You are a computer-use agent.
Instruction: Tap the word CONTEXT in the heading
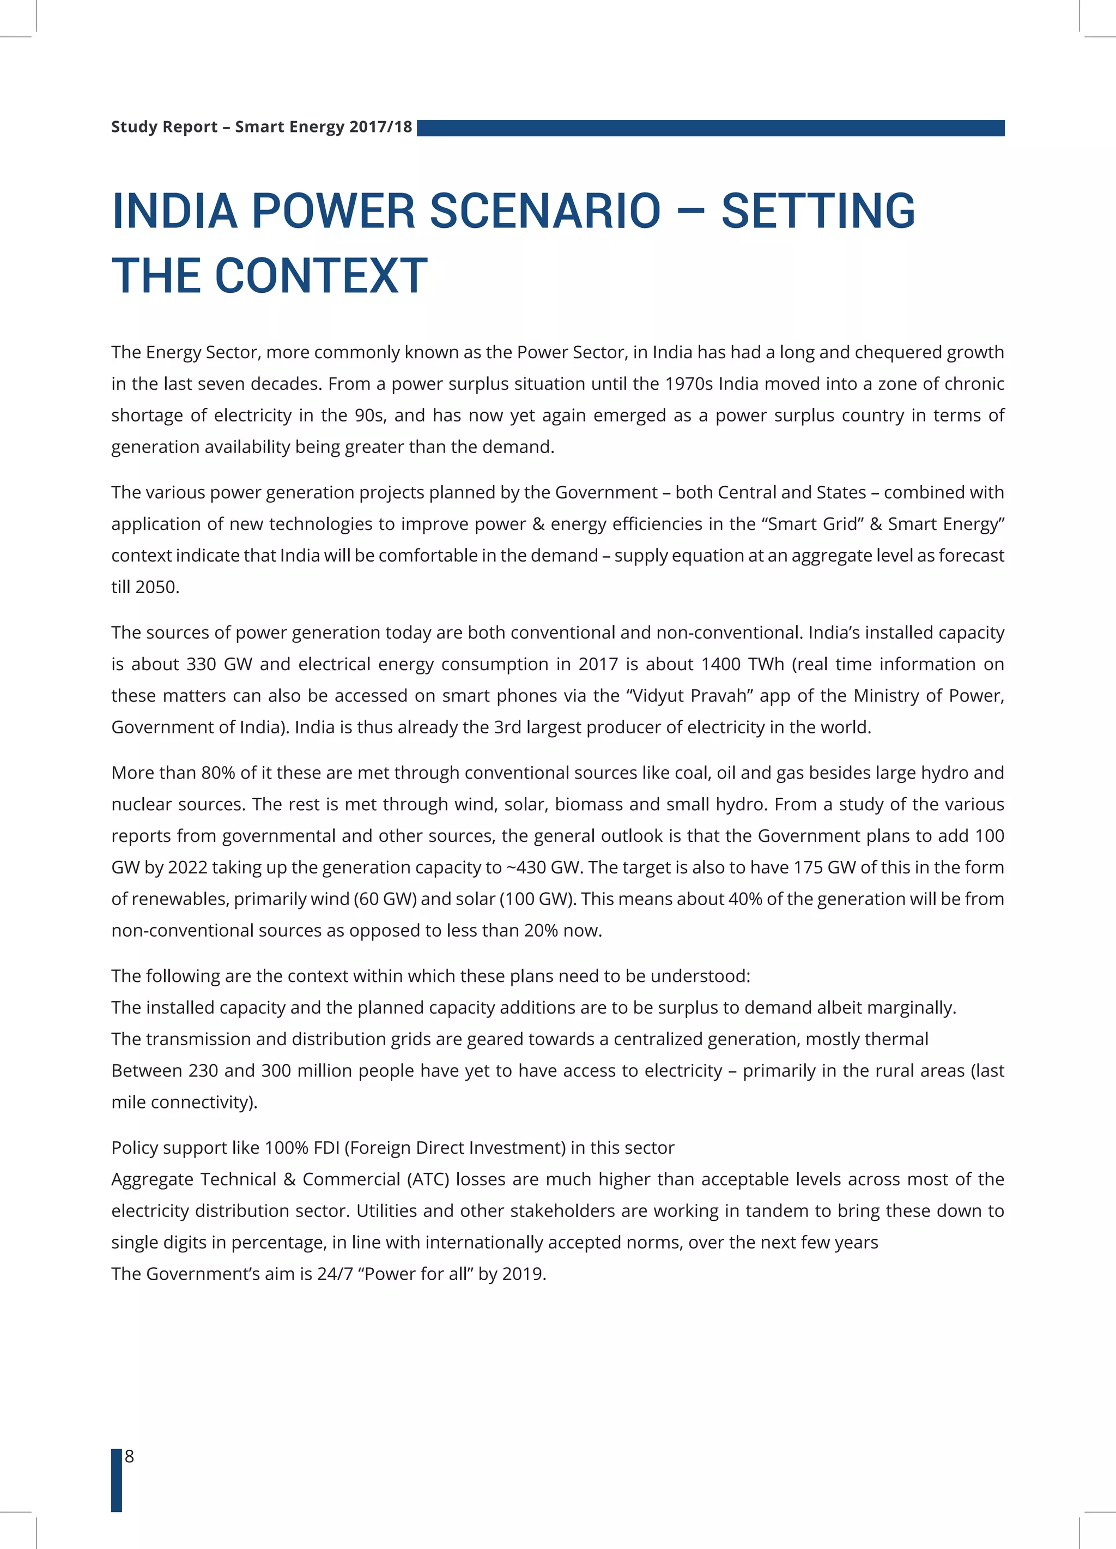pyautogui.click(x=322, y=276)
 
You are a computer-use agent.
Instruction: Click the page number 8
pyautogui.click(x=129, y=1457)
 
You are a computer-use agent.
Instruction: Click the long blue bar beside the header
pyautogui.click(x=710, y=128)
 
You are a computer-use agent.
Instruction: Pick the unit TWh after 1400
pyautogui.click(x=767, y=665)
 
